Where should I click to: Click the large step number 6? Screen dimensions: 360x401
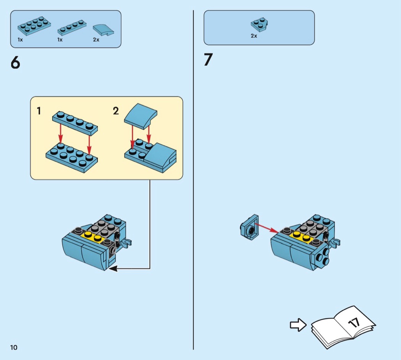(x=16, y=62)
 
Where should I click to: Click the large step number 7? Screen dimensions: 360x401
(x=208, y=60)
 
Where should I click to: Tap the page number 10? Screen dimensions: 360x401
(x=14, y=347)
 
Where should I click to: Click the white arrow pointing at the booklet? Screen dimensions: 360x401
(x=298, y=325)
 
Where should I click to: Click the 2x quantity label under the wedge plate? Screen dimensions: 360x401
(x=254, y=36)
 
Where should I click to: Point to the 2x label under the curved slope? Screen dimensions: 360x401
(x=96, y=40)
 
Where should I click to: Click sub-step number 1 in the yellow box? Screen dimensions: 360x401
(x=39, y=111)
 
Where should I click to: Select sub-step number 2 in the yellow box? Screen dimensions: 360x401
(x=116, y=111)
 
